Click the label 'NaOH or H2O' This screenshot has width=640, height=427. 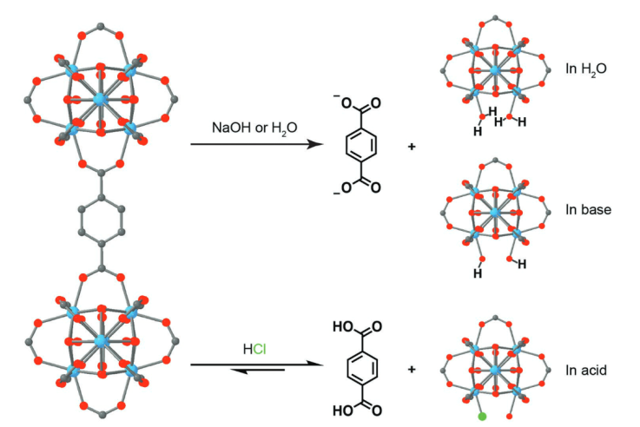(x=254, y=128)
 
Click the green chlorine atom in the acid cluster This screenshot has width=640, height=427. (x=482, y=417)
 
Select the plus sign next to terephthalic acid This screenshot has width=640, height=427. (x=411, y=369)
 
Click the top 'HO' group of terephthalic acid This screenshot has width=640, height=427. (x=345, y=326)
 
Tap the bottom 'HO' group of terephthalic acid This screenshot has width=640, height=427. (x=345, y=411)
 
